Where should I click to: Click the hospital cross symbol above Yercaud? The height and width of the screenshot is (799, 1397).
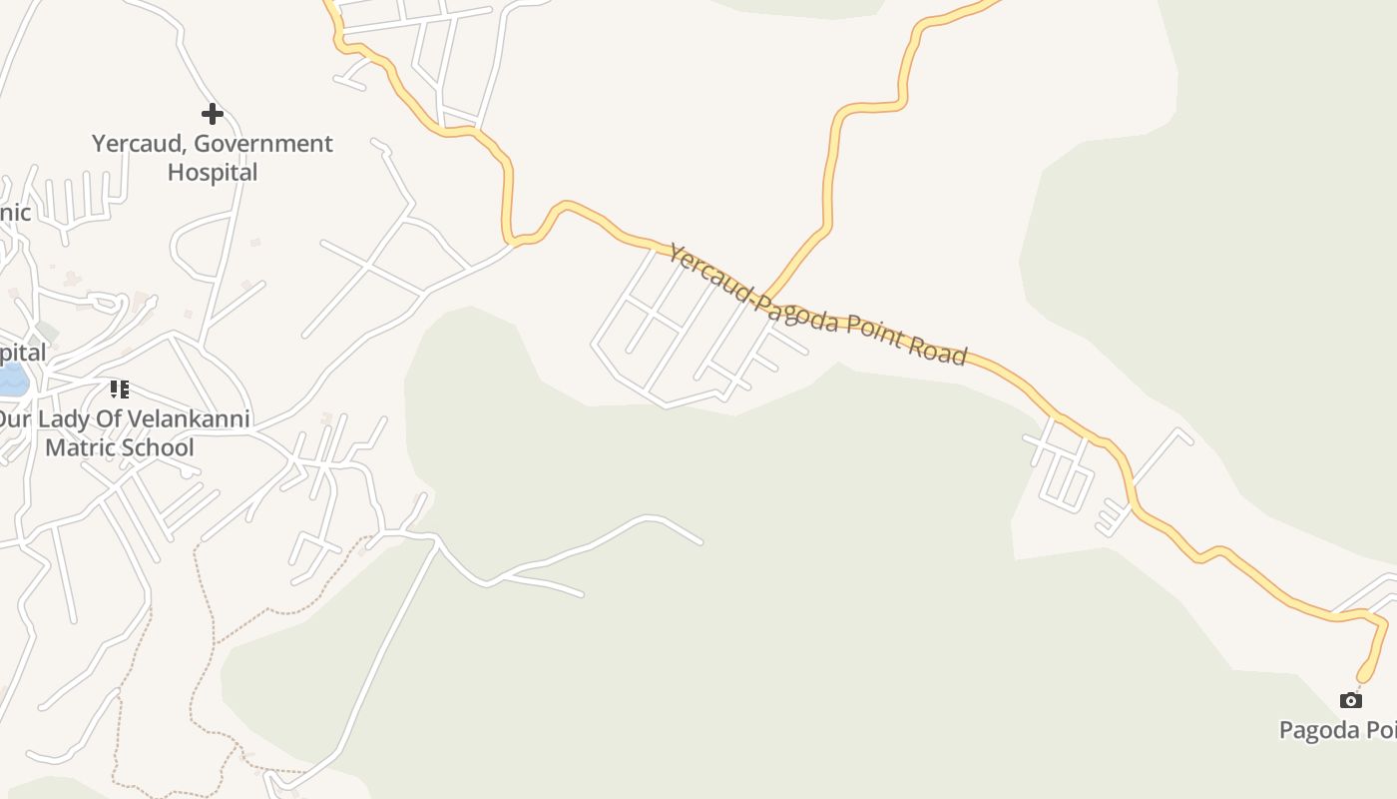212,113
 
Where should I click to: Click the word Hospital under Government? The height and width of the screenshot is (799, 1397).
213,172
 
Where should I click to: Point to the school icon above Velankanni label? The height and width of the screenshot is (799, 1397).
120,389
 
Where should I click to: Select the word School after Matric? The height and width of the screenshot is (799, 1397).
159,447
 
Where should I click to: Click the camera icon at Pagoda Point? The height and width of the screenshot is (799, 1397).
1350,700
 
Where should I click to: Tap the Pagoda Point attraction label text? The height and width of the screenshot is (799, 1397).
1337,730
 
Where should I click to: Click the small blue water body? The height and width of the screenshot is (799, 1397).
12,380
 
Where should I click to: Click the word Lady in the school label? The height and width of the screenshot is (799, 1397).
65,419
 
